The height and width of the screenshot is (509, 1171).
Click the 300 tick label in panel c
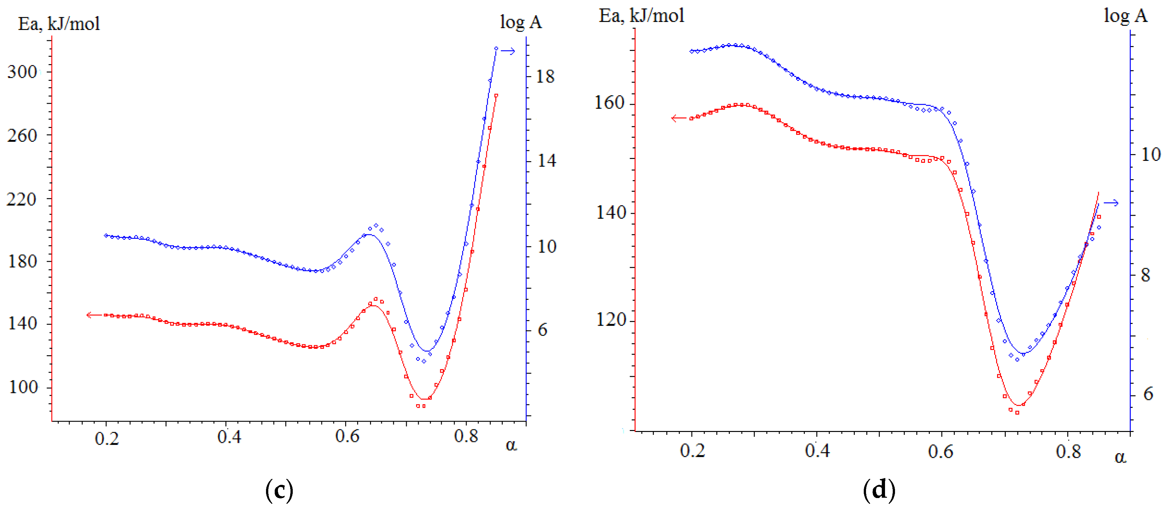coord(22,72)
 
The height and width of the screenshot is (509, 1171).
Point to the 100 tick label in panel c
coord(23,387)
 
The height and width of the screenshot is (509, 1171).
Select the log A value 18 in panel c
coord(545,76)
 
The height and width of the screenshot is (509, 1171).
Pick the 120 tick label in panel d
coord(610,319)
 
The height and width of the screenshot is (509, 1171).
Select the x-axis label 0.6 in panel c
coord(347,436)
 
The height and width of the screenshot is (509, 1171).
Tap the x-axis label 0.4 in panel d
coord(817,450)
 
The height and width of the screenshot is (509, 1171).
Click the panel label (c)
coord(279,490)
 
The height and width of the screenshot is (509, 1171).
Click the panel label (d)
coord(879,490)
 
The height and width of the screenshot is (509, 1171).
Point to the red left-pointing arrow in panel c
coord(94,315)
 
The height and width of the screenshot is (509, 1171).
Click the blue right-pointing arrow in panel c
coord(508,51)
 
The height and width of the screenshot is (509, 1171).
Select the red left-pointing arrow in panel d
coord(679,118)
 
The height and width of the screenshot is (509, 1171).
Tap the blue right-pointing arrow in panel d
coord(1111,203)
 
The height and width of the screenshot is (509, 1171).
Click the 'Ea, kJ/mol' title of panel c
coord(59,24)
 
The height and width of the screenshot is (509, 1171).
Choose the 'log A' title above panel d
coord(1125,16)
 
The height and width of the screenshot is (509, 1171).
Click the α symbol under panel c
coord(511,445)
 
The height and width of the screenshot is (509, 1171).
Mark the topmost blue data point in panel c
coord(496,48)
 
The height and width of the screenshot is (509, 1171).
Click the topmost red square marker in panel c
coord(496,95)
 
